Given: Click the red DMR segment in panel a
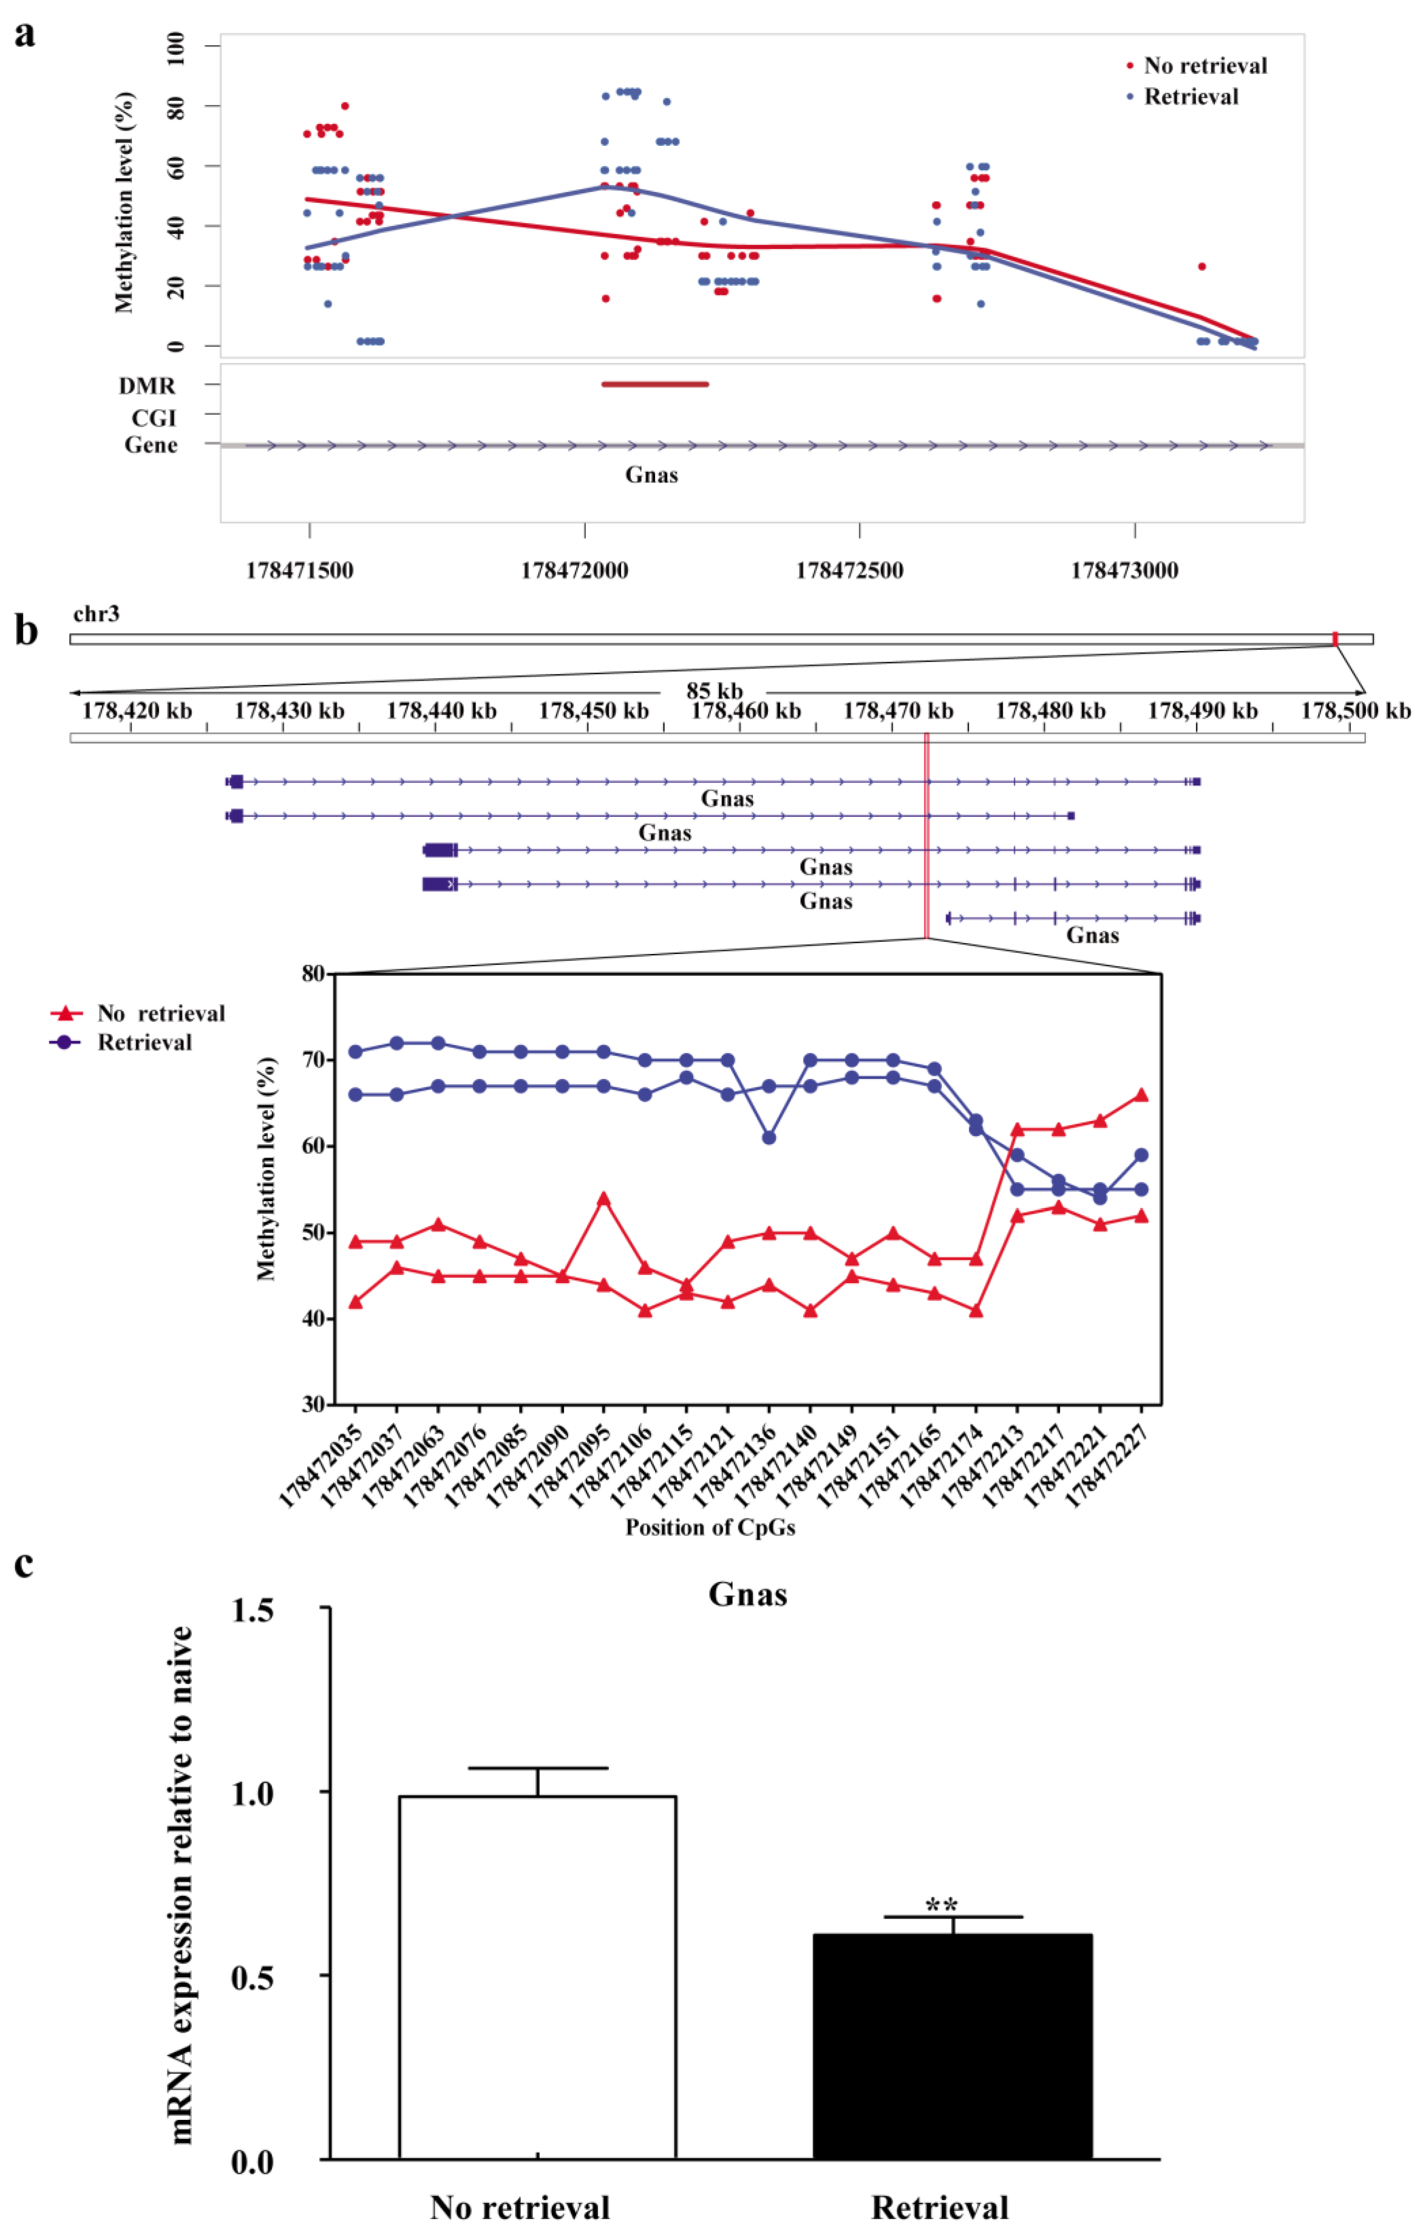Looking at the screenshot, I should tap(655, 384).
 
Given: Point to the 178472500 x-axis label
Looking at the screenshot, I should tap(849, 571).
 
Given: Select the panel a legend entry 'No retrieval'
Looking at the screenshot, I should tap(1205, 66).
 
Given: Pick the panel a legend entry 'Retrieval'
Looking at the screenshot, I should tap(1191, 96).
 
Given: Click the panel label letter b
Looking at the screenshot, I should tap(26, 631).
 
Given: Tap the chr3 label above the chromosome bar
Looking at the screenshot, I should tap(96, 614).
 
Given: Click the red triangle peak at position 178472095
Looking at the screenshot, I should tap(603, 1198).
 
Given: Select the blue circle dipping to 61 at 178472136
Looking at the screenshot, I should tap(769, 1137).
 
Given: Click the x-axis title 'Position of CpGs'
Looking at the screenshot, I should tap(710, 1527).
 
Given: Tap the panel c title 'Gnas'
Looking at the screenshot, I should tap(747, 1594).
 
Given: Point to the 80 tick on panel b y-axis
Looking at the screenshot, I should tap(313, 973).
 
